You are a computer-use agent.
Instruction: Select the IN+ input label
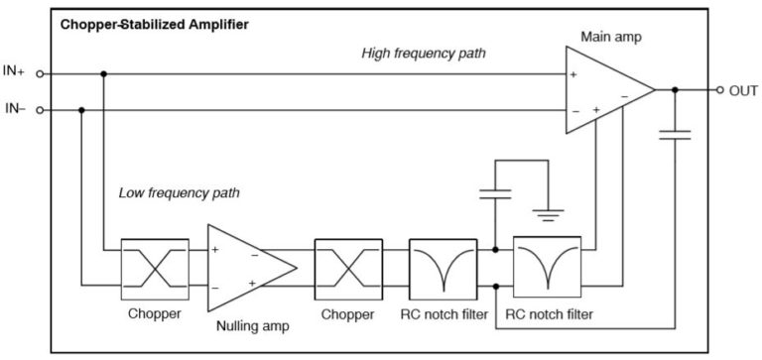[x=14, y=72]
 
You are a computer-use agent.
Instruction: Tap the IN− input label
[x=14, y=109]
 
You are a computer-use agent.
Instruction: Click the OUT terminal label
[x=743, y=90]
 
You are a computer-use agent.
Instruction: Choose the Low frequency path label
[x=179, y=191]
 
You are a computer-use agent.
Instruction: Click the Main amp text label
[x=608, y=36]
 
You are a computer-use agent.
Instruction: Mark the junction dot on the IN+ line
[x=103, y=72]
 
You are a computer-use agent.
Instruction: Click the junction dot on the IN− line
[x=82, y=109]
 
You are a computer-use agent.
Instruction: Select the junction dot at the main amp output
[x=675, y=90]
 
